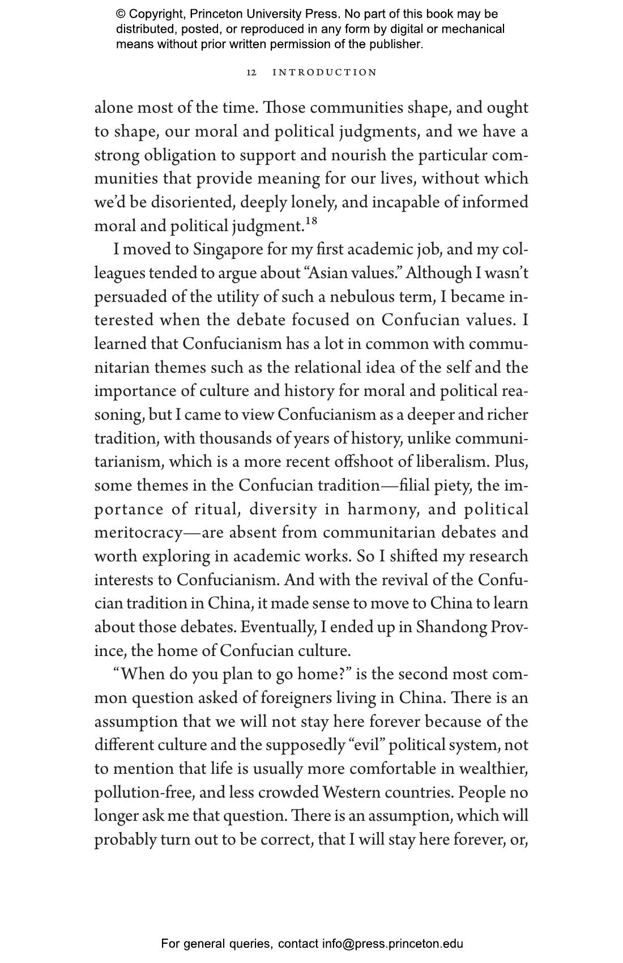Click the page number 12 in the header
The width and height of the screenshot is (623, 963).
point(251,73)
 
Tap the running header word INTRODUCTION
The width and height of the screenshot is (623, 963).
point(325,73)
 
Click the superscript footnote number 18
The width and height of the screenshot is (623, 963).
point(311,220)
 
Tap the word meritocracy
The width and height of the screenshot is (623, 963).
point(139,533)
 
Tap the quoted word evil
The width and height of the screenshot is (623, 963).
point(366,745)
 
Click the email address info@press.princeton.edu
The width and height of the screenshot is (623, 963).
point(392,944)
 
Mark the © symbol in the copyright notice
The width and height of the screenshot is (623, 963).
point(121,14)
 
